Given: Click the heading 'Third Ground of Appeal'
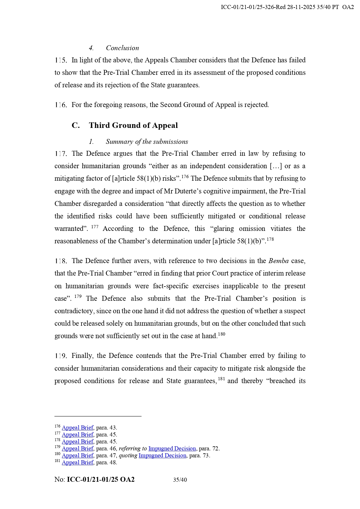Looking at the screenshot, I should [133, 125].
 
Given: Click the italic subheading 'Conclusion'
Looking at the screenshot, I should [122, 48].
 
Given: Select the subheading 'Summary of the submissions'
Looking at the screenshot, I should [147, 142].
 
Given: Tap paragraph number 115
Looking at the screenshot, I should [61, 60].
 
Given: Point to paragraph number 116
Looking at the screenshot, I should [61, 105].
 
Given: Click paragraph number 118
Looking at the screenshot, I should [61, 261].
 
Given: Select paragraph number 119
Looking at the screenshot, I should [61, 356].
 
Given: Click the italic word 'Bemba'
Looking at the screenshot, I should [278, 261].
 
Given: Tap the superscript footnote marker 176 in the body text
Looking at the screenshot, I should [185, 176].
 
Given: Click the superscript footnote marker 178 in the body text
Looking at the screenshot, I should [270, 239].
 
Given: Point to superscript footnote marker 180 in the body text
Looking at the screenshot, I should [221, 334].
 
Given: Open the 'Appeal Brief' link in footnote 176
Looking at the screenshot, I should [77, 428].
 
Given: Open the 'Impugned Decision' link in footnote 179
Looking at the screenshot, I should [172, 448].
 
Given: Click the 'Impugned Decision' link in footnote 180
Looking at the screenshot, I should [162, 455].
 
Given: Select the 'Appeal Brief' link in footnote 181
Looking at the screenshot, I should [77, 462].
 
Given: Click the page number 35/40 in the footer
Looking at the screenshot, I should [180, 480].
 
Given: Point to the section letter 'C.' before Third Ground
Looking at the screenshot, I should [76, 125].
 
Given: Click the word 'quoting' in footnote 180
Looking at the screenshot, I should [128, 455].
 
